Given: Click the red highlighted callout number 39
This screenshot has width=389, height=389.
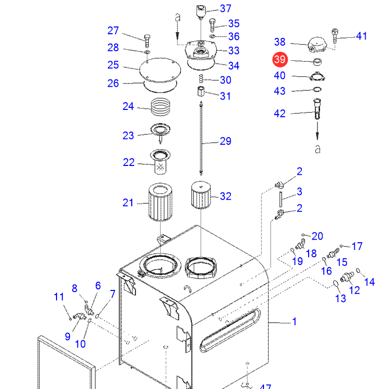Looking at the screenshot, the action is coord(280,60).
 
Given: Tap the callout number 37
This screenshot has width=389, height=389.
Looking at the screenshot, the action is coord(226,9).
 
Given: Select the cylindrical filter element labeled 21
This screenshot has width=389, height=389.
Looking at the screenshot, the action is coord(160,202).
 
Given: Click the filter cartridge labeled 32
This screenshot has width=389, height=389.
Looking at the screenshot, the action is coord(201,195).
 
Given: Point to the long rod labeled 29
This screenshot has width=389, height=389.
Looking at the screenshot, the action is coord(201,138).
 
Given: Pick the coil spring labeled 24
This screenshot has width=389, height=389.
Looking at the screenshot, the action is coord(161,107).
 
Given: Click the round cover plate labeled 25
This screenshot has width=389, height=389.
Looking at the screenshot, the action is coord(160,70).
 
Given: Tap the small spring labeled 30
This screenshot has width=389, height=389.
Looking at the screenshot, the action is coord(201,79).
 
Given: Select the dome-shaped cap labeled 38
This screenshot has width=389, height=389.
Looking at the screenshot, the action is coord(317,45).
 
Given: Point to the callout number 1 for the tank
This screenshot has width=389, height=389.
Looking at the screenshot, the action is coord(295,322).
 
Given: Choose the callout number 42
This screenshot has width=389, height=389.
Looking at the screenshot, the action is coord(280,114).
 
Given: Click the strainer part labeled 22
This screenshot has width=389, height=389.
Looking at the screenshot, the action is coord(160,161).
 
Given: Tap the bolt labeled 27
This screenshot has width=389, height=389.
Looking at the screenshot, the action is coord(147,41).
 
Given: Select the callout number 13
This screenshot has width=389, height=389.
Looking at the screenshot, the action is coord(340,298).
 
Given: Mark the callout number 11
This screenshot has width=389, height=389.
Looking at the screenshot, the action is coord(59,297).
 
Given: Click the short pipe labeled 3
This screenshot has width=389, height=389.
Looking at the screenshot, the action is coord(281,199).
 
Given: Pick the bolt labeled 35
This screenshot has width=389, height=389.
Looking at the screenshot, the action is coord(212,25).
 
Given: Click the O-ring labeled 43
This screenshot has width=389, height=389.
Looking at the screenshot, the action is coord(317,89).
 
